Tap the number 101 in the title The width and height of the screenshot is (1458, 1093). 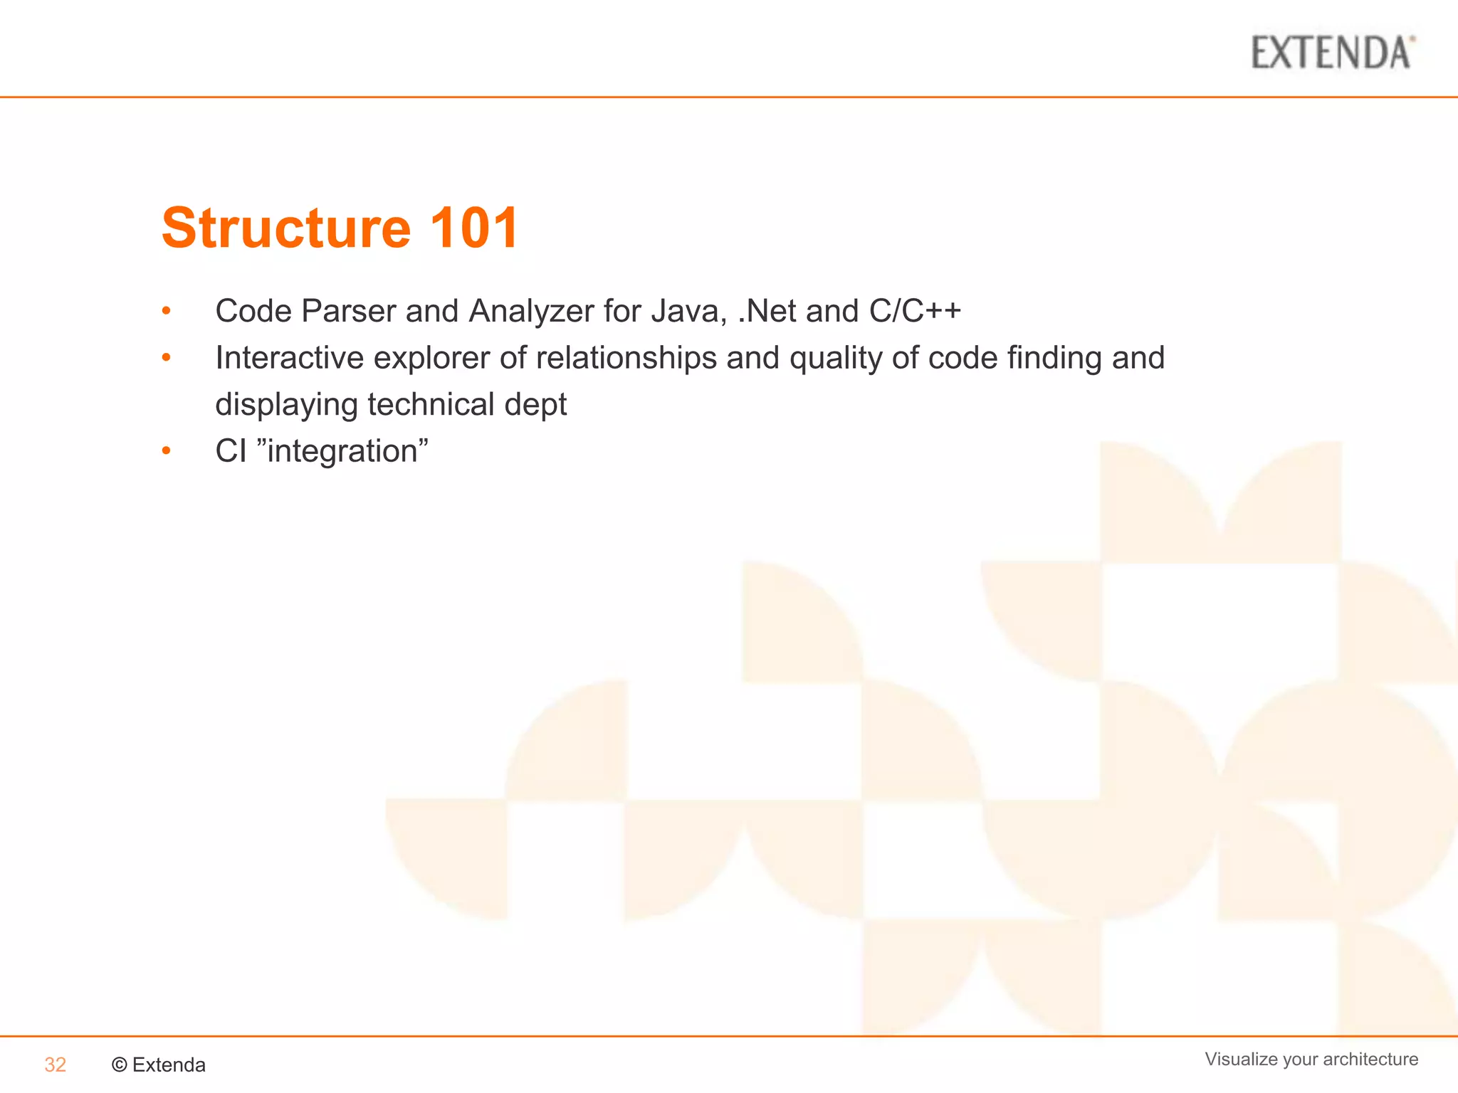[x=474, y=228]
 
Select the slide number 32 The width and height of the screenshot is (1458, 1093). [x=55, y=1065]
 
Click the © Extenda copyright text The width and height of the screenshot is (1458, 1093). [x=159, y=1065]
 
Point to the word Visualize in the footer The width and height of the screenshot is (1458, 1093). [x=1241, y=1059]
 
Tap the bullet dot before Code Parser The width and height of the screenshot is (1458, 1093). [x=166, y=311]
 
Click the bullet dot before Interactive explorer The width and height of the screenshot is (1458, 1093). [x=166, y=358]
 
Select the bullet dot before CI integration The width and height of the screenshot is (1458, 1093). [x=166, y=451]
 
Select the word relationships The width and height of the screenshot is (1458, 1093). [x=626, y=358]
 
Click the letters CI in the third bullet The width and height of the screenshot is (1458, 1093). [x=231, y=451]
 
